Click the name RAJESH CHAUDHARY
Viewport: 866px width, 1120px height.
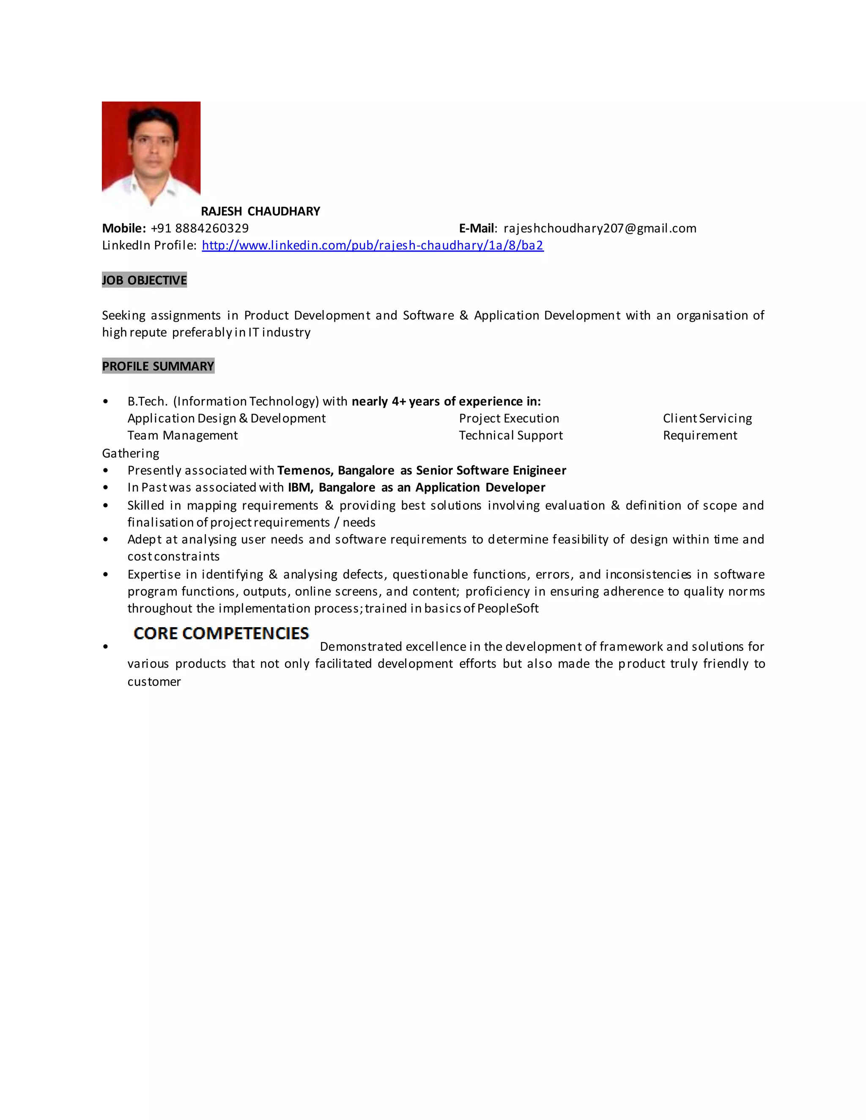pyautogui.click(x=260, y=211)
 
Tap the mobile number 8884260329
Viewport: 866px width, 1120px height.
pyautogui.click(x=211, y=228)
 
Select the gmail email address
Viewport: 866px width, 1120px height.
pyautogui.click(x=600, y=228)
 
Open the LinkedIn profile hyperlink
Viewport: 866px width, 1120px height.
pyautogui.click(x=373, y=245)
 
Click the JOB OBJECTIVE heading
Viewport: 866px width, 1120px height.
pyautogui.click(x=144, y=280)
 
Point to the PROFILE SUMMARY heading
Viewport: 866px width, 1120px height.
pyautogui.click(x=158, y=366)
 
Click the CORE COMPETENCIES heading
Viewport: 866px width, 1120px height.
pyautogui.click(x=221, y=634)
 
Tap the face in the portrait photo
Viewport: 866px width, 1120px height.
pyautogui.click(x=153, y=146)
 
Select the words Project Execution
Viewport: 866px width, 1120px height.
pyautogui.click(x=509, y=418)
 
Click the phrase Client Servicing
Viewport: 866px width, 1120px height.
pyautogui.click(x=707, y=418)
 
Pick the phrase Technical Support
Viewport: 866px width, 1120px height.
pyautogui.click(x=510, y=435)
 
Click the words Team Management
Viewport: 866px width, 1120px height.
pyautogui.click(x=183, y=435)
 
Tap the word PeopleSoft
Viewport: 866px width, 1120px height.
pyautogui.click(x=508, y=608)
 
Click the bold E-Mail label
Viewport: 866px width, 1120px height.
pyautogui.click(x=477, y=228)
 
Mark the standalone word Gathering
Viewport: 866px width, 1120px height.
pyautogui.click(x=130, y=453)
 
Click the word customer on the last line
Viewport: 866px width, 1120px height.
pyautogui.click(x=154, y=682)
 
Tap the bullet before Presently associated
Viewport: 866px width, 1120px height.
pyautogui.click(x=106, y=470)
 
